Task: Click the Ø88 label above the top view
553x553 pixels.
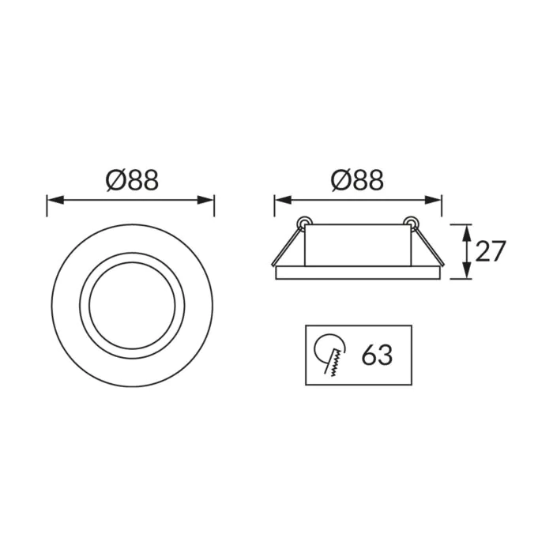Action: click(132, 181)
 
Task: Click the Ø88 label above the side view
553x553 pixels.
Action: click(357, 181)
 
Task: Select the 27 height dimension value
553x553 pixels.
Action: click(491, 251)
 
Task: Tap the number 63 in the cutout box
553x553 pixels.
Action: click(377, 355)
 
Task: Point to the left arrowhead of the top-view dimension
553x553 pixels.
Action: click(55, 200)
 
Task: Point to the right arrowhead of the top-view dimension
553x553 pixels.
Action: click(205, 200)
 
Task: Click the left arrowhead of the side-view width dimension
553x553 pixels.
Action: click(283, 200)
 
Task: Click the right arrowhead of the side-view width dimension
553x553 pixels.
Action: click(433, 200)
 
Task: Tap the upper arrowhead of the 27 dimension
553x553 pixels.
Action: click(467, 233)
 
